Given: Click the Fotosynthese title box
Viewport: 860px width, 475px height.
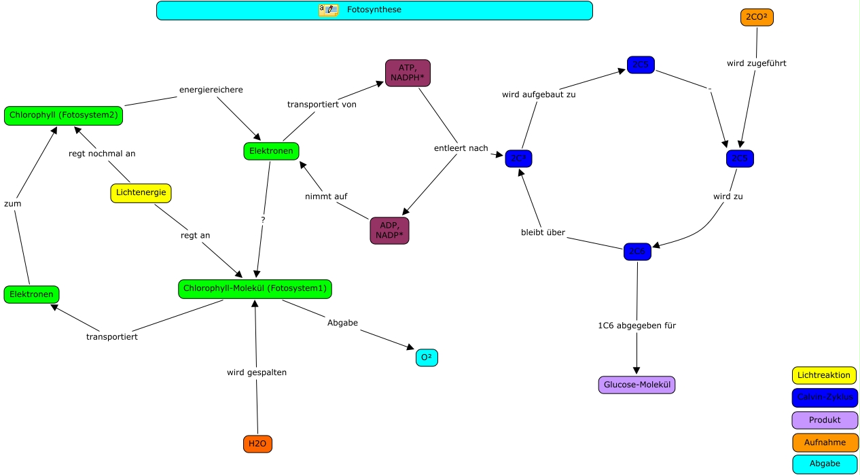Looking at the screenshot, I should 374,10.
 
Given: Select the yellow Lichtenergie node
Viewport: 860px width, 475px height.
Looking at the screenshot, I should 141,193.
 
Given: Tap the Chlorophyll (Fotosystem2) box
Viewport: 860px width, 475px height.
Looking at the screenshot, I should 64,116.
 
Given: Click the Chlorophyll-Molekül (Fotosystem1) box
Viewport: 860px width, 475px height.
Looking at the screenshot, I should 255,289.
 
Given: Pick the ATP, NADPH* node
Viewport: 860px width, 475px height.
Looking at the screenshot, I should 408,73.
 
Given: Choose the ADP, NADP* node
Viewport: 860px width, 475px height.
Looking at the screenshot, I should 389,230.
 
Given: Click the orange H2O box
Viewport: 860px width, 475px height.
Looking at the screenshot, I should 257,444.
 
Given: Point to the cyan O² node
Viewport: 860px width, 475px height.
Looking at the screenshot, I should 427,357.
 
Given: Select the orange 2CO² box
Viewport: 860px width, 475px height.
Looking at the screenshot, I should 757,18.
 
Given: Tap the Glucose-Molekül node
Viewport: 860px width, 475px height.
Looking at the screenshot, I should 637,385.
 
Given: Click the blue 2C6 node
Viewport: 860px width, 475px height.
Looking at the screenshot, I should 637,251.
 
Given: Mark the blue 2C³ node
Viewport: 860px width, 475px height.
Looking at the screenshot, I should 518,158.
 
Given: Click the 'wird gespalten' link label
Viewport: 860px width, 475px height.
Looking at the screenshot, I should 257,372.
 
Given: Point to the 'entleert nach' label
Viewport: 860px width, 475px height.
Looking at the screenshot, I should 461,148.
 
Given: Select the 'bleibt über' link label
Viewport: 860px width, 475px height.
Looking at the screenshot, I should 542,233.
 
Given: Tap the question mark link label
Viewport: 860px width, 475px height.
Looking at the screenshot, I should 263,220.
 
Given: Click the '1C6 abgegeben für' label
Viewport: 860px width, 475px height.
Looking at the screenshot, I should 637,326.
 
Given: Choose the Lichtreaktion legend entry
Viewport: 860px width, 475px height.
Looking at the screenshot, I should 824,375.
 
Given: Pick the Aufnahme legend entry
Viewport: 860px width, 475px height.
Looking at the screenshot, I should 825,442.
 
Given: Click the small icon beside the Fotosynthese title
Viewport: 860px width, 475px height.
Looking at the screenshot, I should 328,10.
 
